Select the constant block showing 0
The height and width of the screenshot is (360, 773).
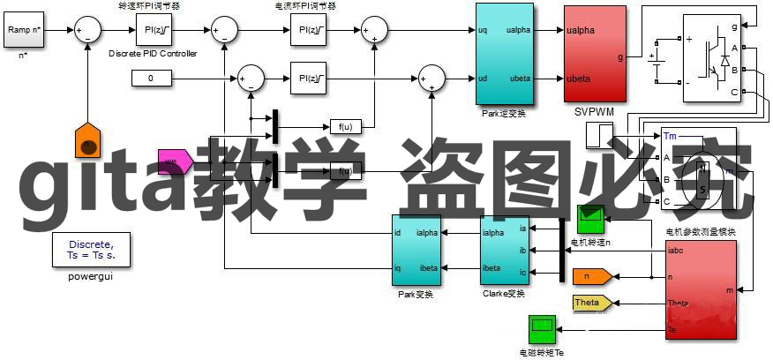tap(150, 79)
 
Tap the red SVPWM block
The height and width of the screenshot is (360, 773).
tap(597, 55)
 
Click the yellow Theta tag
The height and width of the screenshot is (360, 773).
tap(591, 303)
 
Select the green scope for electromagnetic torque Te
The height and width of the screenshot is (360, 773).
tap(541, 329)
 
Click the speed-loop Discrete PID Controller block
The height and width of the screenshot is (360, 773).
tap(152, 33)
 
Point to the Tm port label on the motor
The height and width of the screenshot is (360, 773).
tap(671, 137)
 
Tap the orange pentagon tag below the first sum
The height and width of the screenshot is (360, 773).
tap(87, 140)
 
